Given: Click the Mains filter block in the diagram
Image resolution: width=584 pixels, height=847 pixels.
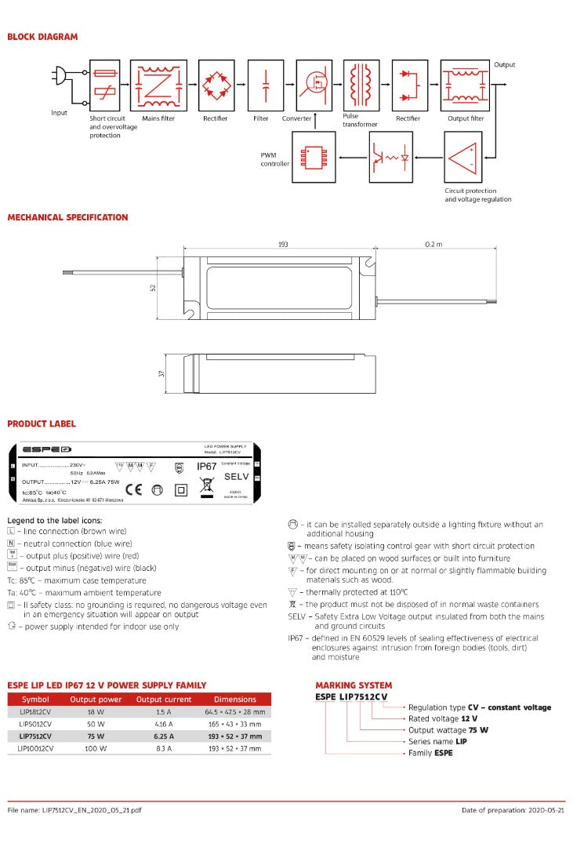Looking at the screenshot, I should tap(159, 85).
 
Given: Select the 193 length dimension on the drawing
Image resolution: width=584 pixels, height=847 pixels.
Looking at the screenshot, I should tap(283, 245).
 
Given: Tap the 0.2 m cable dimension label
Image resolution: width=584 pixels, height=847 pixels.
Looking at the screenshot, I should tap(433, 245).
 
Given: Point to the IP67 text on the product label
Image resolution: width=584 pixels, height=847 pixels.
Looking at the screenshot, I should tap(206, 466).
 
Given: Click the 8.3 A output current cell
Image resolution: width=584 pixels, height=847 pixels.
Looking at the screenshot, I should tap(164, 749).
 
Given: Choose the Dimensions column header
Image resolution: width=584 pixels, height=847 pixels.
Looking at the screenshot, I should tap(234, 700).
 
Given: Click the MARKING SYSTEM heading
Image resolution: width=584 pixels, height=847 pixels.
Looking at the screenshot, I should tap(354, 685).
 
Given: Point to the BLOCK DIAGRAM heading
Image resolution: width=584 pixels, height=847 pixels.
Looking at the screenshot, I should tap(42, 37).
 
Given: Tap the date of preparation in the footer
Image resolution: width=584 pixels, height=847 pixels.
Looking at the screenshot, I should tap(513, 810).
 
